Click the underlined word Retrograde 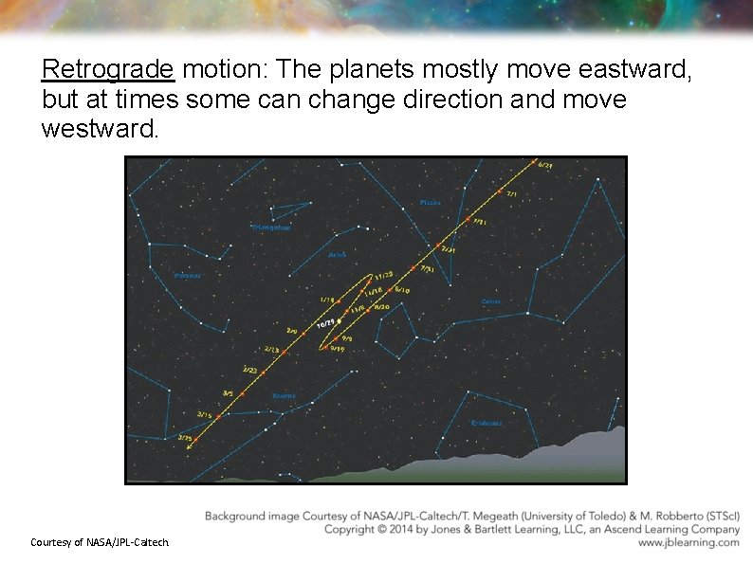click(108, 70)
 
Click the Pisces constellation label click(430, 202)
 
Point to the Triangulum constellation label click(271, 227)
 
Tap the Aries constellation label click(338, 255)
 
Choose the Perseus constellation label click(187, 276)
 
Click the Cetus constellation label click(490, 301)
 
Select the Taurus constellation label click(284, 395)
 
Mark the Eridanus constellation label click(487, 423)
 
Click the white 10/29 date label click(325, 324)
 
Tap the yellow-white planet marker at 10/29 click(340, 321)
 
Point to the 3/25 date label click(185, 438)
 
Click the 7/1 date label click(512, 194)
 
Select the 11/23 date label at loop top click(383, 275)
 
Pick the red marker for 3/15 click(217, 415)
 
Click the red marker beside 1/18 click(340, 302)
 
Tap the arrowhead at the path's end click(190, 448)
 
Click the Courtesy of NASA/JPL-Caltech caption click(100, 542)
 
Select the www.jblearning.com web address click(689, 543)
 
